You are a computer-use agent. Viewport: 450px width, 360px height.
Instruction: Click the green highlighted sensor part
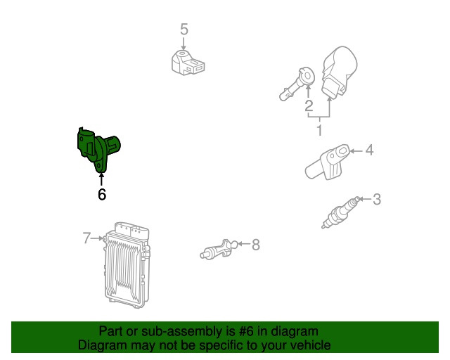(98, 149)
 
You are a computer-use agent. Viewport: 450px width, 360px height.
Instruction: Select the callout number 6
(102, 194)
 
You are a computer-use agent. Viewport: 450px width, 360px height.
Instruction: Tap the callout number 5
(184, 30)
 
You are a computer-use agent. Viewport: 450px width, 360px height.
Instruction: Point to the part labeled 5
(188, 63)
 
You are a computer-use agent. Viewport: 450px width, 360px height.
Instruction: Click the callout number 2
(309, 106)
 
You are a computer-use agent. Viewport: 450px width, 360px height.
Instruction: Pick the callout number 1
(319, 130)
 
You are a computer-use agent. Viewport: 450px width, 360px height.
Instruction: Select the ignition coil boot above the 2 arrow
(297, 84)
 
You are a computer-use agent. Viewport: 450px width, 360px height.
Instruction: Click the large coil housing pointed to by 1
(339, 71)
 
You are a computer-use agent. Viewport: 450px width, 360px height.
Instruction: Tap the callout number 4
(369, 150)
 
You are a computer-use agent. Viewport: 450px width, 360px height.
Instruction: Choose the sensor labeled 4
(327, 162)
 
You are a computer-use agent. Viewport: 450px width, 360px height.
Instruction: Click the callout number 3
(377, 199)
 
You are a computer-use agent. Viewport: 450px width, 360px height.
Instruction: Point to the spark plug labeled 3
(340, 212)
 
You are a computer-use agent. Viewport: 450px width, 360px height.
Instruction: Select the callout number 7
(86, 238)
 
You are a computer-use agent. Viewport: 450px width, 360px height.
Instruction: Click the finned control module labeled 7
(127, 265)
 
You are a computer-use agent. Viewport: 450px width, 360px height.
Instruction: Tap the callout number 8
(256, 245)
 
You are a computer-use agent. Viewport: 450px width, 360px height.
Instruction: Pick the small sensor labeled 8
(219, 250)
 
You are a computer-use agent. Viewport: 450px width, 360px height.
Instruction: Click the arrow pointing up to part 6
(101, 179)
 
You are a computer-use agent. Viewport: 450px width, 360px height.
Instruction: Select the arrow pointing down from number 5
(184, 44)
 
